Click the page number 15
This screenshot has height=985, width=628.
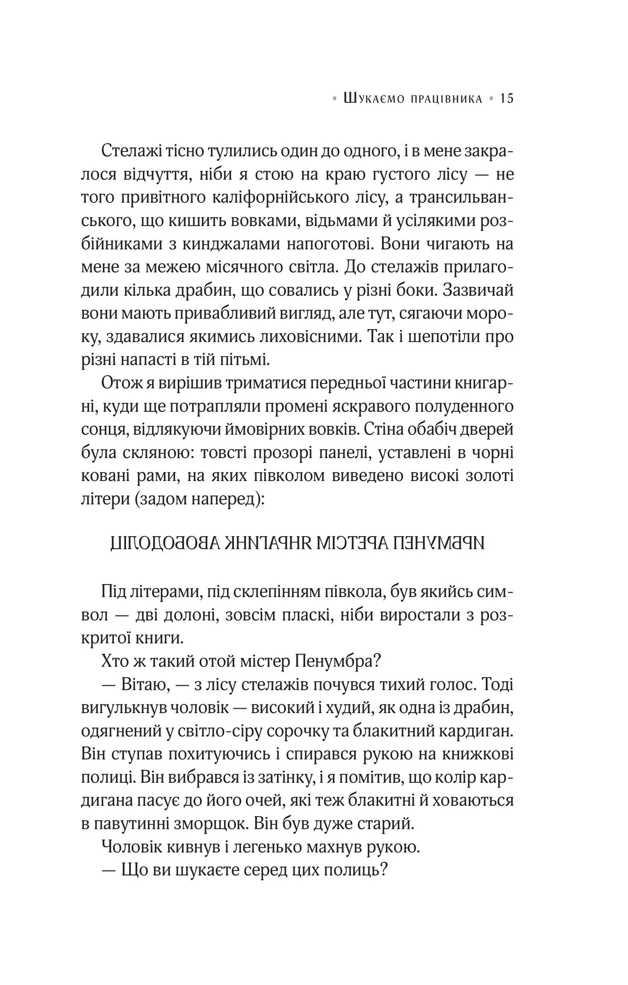pos(506,99)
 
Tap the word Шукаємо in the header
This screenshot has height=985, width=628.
pos(372,100)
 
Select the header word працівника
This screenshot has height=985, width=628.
pos(445,100)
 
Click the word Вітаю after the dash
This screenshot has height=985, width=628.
pos(139,685)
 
